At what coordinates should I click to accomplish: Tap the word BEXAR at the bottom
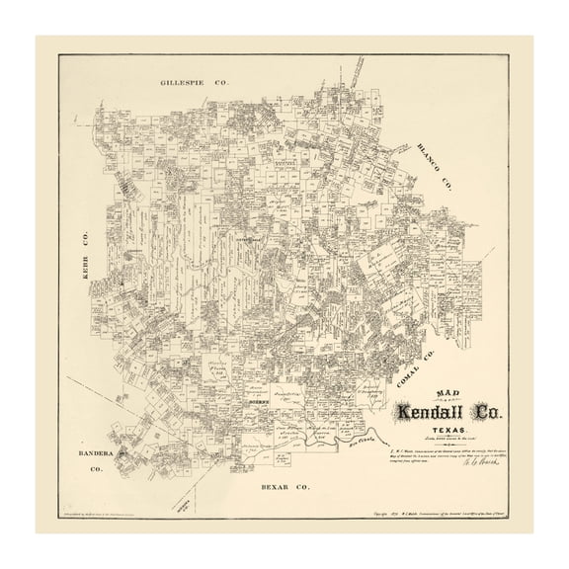(271, 487)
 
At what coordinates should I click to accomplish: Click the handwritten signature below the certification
(472, 469)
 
